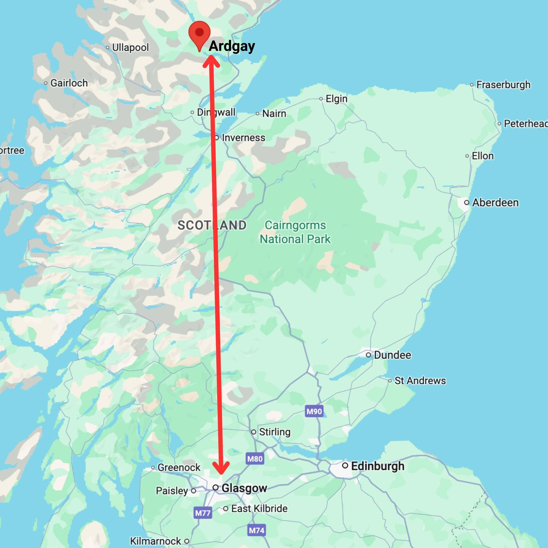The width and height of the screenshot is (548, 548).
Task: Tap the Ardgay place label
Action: pyautogui.click(x=232, y=46)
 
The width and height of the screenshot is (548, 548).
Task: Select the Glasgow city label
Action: pyautogui.click(x=244, y=488)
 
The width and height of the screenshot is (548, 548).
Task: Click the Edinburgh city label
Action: pyautogui.click(x=377, y=466)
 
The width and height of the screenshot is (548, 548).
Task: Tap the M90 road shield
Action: pyautogui.click(x=314, y=411)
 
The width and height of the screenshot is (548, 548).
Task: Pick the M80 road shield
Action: pyautogui.click(x=255, y=459)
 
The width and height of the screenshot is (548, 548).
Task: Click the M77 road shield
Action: pyautogui.click(x=203, y=513)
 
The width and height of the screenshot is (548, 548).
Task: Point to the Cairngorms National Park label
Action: pyautogui.click(x=295, y=232)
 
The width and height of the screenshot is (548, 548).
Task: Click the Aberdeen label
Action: pyautogui.click(x=495, y=203)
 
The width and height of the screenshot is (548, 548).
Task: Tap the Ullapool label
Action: pyautogui.click(x=130, y=47)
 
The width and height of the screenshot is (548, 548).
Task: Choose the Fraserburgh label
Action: pyautogui.click(x=503, y=85)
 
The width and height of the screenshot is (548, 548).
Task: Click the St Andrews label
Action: pyautogui.click(x=420, y=381)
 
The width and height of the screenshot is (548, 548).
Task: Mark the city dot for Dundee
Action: pyautogui.click(x=368, y=355)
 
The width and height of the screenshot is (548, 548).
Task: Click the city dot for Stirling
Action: pyautogui.click(x=254, y=432)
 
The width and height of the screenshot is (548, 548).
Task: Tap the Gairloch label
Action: pyautogui.click(x=69, y=83)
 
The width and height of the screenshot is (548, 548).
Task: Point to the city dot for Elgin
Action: pyautogui.click(x=321, y=99)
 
